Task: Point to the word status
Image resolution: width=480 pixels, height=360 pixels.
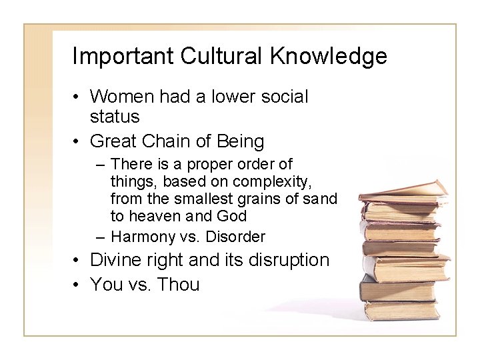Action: pos(115,117)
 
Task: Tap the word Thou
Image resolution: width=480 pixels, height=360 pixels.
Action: pos(177,285)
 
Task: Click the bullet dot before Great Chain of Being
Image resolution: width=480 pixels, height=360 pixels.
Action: pos(77,142)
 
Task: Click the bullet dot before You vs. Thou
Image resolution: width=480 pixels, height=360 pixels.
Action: pos(77,285)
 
